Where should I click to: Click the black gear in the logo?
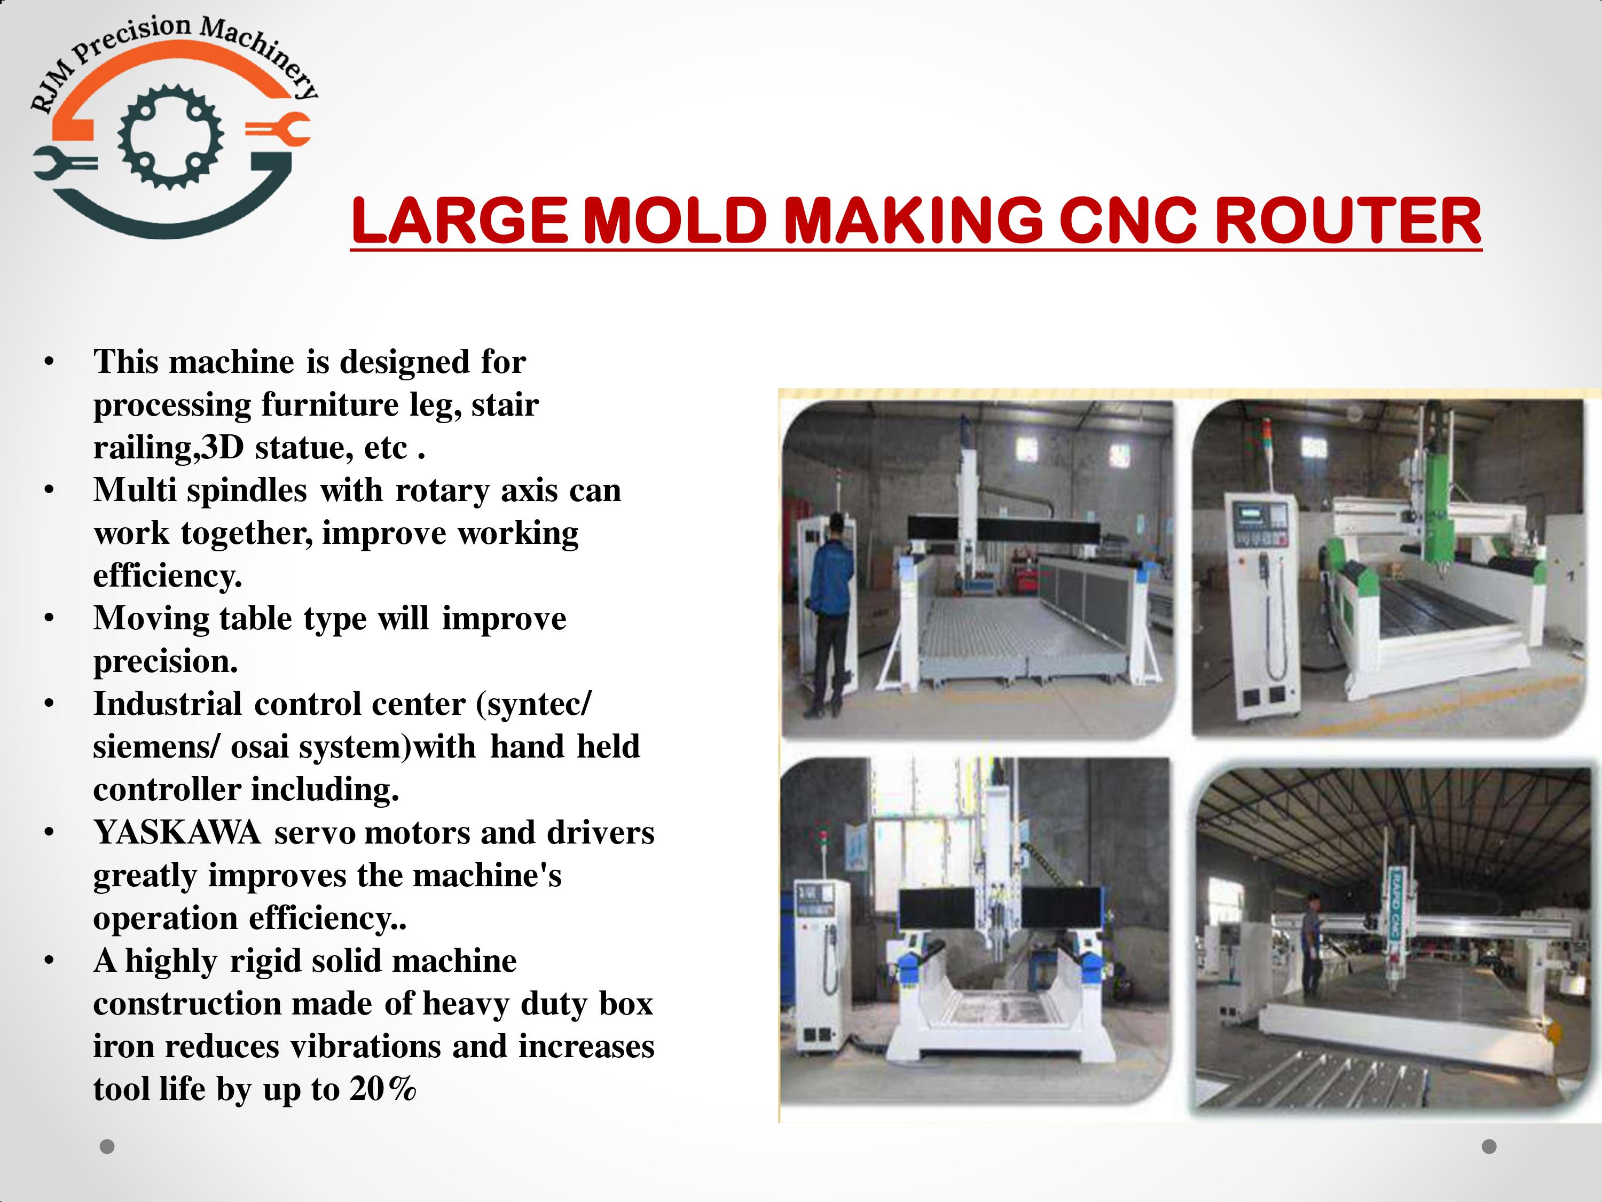pos(171,136)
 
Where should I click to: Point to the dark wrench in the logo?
pos(65,163)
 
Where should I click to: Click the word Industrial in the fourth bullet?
pos(167,704)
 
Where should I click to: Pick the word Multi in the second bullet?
pos(135,490)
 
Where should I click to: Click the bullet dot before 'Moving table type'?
pos(49,619)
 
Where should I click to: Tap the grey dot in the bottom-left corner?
pos(107,1146)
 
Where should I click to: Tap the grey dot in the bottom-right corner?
pos(1489,1146)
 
